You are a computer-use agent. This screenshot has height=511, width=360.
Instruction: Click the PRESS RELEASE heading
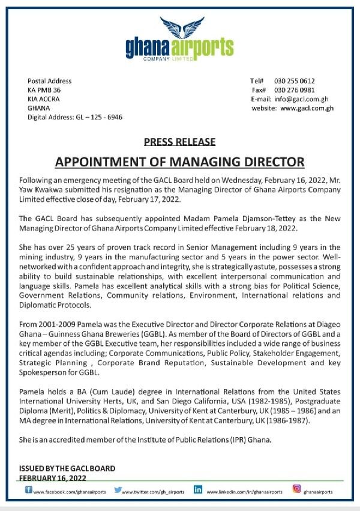(x=179, y=142)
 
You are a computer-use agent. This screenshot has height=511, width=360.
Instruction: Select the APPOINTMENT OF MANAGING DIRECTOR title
(x=179, y=162)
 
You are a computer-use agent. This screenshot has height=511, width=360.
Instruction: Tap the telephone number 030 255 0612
(x=295, y=81)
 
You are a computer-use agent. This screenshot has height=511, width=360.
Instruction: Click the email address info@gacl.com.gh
(x=304, y=99)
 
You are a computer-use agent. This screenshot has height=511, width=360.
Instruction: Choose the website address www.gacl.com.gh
(x=307, y=108)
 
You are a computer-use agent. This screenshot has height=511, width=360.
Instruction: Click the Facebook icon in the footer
(x=29, y=490)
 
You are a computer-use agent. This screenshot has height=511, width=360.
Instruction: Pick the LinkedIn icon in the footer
(x=197, y=490)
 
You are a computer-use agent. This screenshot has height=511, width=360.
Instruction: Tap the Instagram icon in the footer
(x=296, y=489)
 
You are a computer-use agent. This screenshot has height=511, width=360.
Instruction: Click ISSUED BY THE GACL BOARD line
(x=59, y=468)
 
